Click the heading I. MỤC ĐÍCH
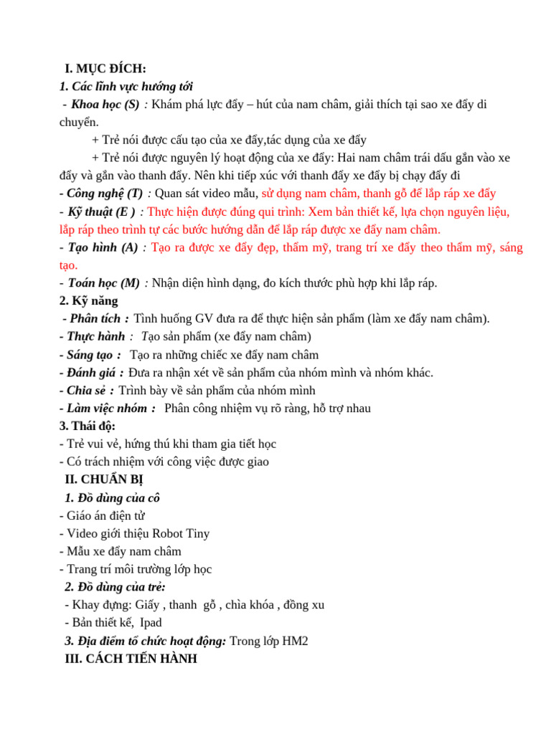coord(105,69)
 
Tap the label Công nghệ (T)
coord(105,194)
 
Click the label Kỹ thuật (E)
coord(101,211)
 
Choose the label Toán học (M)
coord(103,282)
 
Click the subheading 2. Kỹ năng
coord(89,301)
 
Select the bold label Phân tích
coord(95,319)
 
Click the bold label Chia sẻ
coord(89,391)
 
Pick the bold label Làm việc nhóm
coord(107,409)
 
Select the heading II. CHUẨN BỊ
coord(105,480)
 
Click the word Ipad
coord(151,623)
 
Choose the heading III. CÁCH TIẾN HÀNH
coord(131,659)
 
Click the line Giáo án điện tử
coord(105,515)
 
